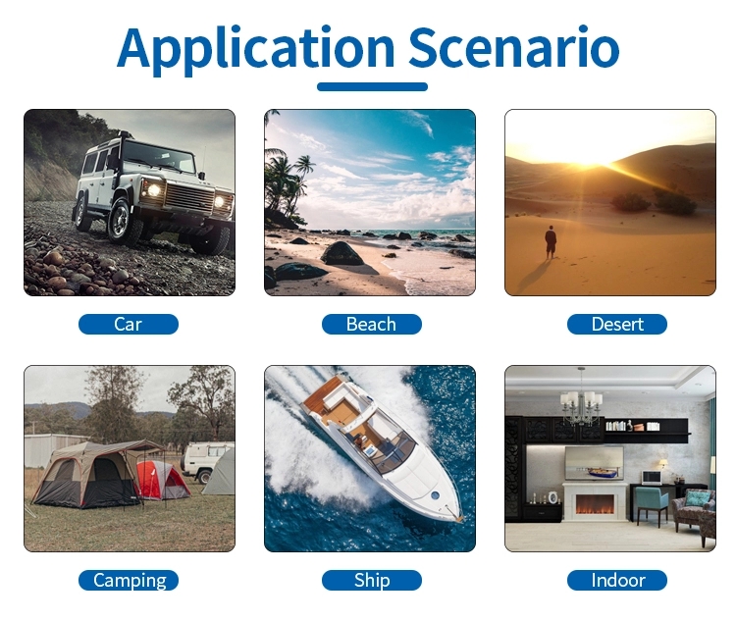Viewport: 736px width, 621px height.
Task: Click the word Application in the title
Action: pos(256,49)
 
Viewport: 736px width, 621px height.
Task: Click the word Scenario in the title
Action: pos(514,47)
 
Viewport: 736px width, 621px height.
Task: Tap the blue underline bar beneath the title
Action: pos(372,87)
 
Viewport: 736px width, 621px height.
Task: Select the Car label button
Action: pos(129,325)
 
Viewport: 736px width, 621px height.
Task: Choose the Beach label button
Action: pos(371,325)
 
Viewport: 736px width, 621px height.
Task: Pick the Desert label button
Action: pos(617,325)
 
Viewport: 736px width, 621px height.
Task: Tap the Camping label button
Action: pos(129,580)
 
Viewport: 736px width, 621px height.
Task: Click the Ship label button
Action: pos(371,580)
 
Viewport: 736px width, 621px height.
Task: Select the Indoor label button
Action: pos(617,580)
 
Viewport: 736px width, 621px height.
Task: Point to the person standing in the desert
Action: pos(551,241)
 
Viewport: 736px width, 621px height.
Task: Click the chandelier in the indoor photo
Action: pos(581,400)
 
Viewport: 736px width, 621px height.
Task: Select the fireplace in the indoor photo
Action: pos(595,501)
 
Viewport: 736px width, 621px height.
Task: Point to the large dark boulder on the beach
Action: pos(342,253)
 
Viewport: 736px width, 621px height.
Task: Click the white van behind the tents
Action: pos(206,460)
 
